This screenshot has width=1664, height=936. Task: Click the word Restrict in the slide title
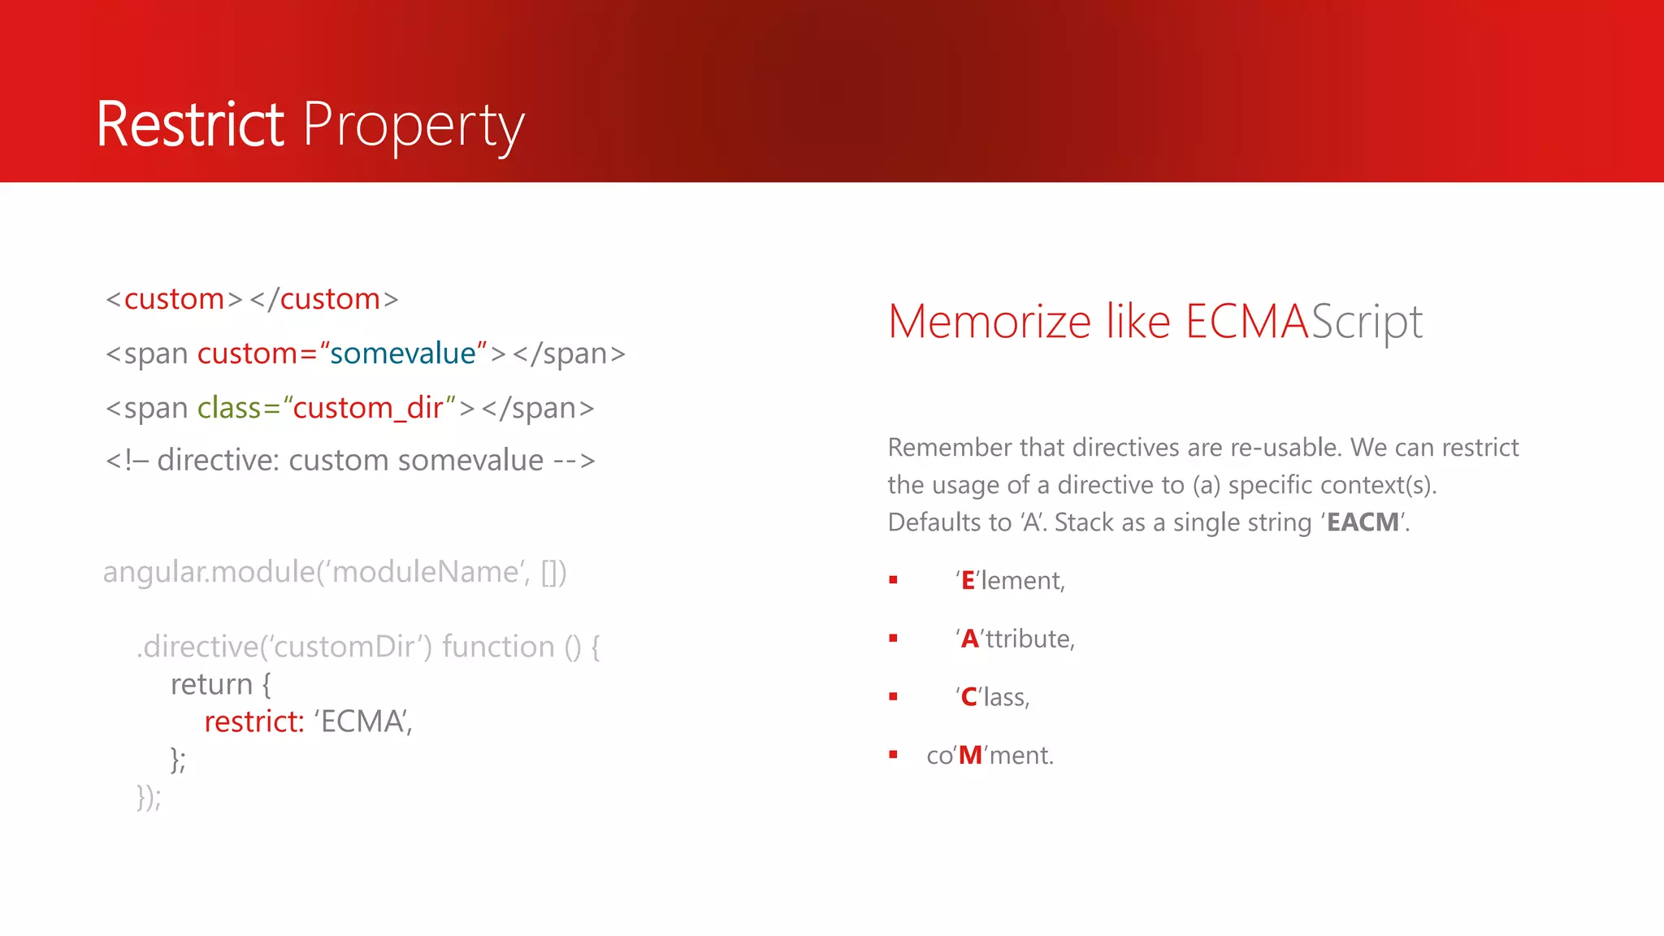[x=190, y=125]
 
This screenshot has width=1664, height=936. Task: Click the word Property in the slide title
[x=414, y=127]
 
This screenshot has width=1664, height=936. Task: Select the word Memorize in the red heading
[x=989, y=322]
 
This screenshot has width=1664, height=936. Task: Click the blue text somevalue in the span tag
[x=402, y=353]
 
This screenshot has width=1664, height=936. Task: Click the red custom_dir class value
[x=368, y=408]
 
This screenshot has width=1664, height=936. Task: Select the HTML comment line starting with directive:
[x=349, y=461]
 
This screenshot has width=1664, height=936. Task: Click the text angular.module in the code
[x=208, y=572]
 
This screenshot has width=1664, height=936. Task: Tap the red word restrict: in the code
[x=253, y=721]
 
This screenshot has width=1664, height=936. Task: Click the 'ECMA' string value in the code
[x=362, y=721]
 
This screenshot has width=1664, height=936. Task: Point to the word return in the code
[x=211, y=684]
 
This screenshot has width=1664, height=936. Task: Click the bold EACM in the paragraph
[x=1363, y=522]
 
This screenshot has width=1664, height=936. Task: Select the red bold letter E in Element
[x=968, y=581]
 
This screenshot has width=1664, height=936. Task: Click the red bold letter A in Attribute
[x=969, y=639]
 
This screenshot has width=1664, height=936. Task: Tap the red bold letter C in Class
[x=968, y=697]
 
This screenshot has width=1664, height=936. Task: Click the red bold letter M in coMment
[x=970, y=756]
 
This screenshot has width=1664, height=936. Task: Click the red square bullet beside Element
[x=893, y=580]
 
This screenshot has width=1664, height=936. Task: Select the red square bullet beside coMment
[x=893, y=755]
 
